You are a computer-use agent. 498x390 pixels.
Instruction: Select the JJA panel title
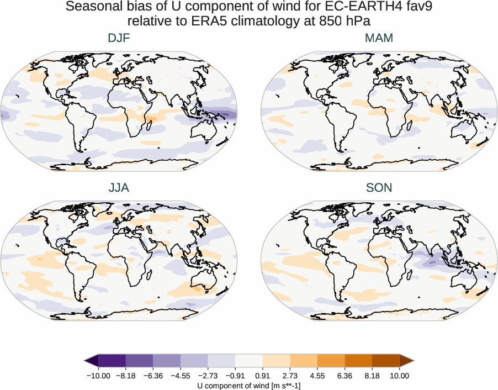click(119, 188)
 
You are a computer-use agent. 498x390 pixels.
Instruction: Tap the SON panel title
click(379, 188)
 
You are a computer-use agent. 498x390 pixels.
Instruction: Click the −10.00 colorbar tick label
click(99, 376)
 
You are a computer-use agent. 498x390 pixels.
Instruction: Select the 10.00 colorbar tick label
click(399, 376)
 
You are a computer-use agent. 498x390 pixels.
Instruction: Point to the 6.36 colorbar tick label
click(345, 376)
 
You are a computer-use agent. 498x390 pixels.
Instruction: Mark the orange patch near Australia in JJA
click(197, 287)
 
